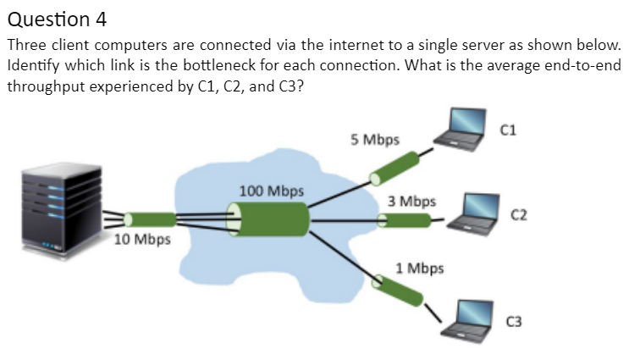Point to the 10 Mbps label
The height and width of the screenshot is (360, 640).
click(142, 239)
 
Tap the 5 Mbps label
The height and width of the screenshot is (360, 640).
click(375, 138)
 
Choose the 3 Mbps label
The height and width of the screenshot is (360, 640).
click(412, 202)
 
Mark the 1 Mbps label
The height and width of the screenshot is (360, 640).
click(419, 269)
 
